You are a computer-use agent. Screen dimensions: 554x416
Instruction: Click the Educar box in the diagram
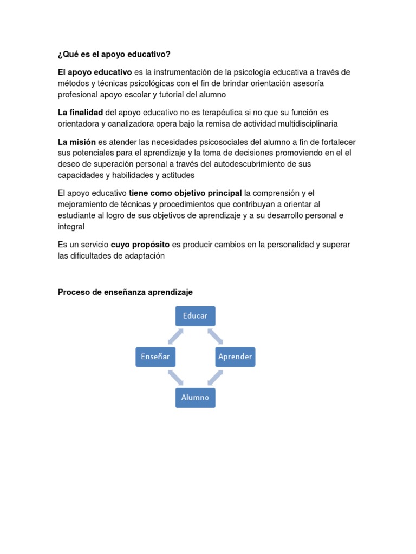(x=195, y=316)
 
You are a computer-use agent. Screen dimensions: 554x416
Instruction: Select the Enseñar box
(x=155, y=357)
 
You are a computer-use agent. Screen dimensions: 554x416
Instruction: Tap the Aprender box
(x=235, y=357)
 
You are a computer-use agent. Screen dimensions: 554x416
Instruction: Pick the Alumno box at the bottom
(x=195, y=398)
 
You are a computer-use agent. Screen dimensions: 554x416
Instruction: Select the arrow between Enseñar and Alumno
(x=175, y=378)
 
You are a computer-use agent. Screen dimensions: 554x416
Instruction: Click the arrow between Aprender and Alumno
(x=216, y=378)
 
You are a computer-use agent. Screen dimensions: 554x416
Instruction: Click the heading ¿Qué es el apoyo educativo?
(x=114, y=54)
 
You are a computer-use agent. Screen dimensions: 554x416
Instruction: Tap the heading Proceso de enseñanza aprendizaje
(x=125, y=292)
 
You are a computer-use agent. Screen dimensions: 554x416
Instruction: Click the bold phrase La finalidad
(x=80, y=112)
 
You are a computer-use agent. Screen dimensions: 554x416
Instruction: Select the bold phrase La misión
(x=77, y=142)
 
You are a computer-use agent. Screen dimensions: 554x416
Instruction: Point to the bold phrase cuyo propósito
(x=140, y=245)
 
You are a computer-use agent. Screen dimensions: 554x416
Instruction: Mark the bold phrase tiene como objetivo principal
(x=185, y=193)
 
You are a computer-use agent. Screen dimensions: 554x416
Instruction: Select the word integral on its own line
(x=71, y=227)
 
